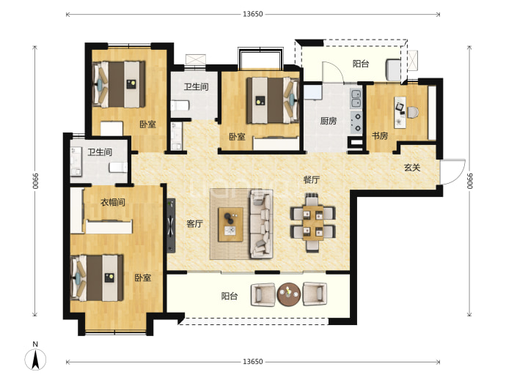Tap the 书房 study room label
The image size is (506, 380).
(380, 135)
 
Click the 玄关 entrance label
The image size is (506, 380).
(412, 168)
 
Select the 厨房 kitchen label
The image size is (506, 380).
(329, 121)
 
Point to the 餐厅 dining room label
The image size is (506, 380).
(311, 179)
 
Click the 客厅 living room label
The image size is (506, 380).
(194, 223)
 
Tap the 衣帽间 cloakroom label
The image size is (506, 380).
(113, 202)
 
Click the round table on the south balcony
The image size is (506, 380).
(288, 294)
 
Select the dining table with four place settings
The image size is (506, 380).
(312, 223)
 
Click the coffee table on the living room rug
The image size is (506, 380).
(230, 225)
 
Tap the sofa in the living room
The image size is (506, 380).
(260, 224)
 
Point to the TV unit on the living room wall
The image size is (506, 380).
(171, 226)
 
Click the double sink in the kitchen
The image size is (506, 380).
(356, 99)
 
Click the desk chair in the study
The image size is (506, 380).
(413, 112)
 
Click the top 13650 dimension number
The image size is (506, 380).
(253, 14)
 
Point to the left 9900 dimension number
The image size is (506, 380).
(35, 182)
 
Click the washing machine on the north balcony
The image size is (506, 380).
(393, 69)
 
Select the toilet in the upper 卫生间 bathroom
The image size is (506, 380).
(180, 105)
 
